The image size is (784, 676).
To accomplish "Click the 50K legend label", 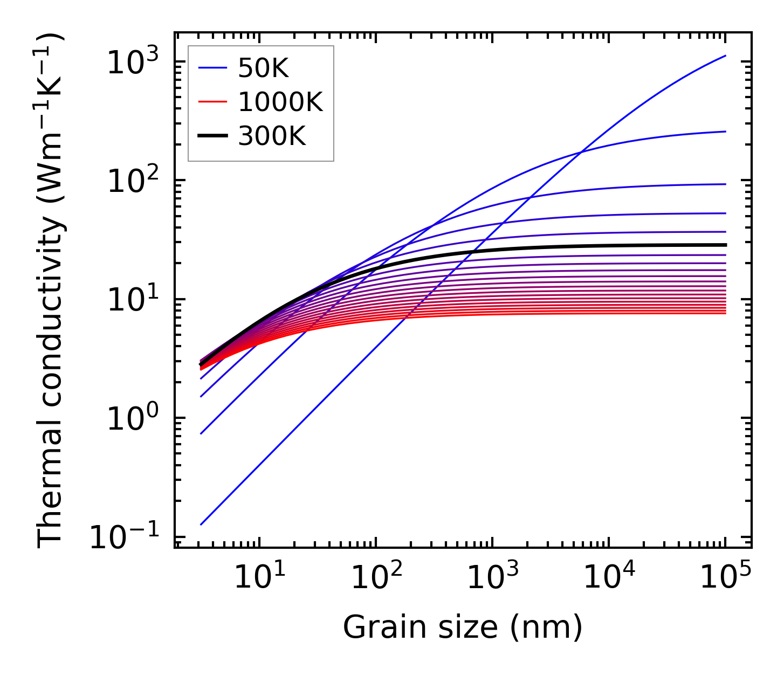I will [263, 68].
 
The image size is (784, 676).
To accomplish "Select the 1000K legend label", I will [280, 102].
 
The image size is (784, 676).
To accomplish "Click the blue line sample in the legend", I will [212, 68].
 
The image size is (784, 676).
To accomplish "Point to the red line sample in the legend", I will [212, 102].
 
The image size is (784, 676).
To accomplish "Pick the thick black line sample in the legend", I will [212, 136].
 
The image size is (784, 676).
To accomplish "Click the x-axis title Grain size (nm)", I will [463, 627].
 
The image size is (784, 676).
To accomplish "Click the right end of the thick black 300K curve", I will [725, 245].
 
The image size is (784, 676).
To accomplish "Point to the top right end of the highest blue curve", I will [725, 56].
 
